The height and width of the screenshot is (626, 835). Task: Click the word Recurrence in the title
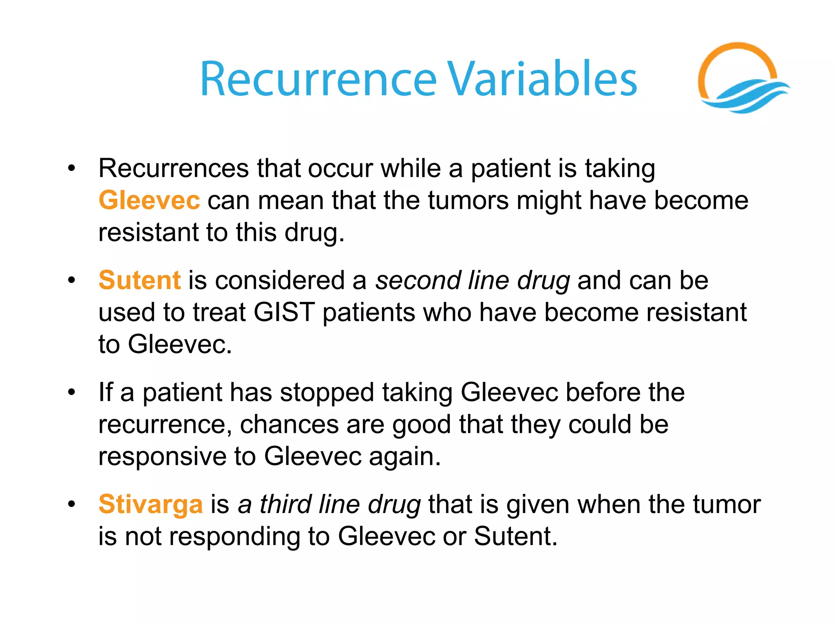coord(318,79)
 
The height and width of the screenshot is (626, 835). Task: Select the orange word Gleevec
coord(149,201)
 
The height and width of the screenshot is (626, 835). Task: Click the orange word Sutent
coord(139,280)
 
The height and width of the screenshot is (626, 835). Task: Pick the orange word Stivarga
coord(150,504)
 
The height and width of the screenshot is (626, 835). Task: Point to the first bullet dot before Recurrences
coord(72,168)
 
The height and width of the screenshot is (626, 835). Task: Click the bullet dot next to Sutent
coord(72,280)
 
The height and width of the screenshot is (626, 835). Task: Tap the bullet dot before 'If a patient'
coord(72,392)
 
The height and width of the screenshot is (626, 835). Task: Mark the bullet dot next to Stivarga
coord(72,504)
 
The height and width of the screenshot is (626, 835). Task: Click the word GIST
coord(284,313)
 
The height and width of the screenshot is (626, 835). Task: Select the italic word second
coord(417,280)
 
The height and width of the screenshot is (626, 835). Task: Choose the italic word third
coord(285,504)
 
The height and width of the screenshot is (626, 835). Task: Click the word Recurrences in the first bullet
coord(174,168)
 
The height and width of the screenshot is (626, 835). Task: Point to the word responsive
coord(162,456)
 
